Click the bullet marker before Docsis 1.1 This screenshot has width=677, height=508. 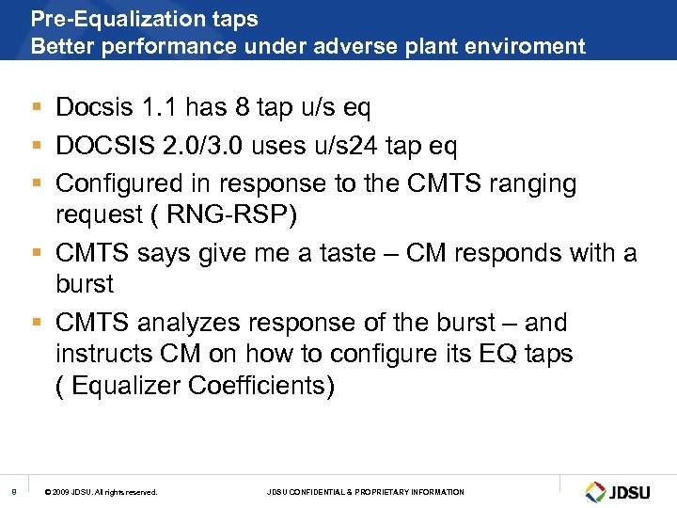pos(35,108)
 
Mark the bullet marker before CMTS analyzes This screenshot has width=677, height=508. pos(35,323)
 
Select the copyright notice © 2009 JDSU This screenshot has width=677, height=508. pos(101,492)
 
